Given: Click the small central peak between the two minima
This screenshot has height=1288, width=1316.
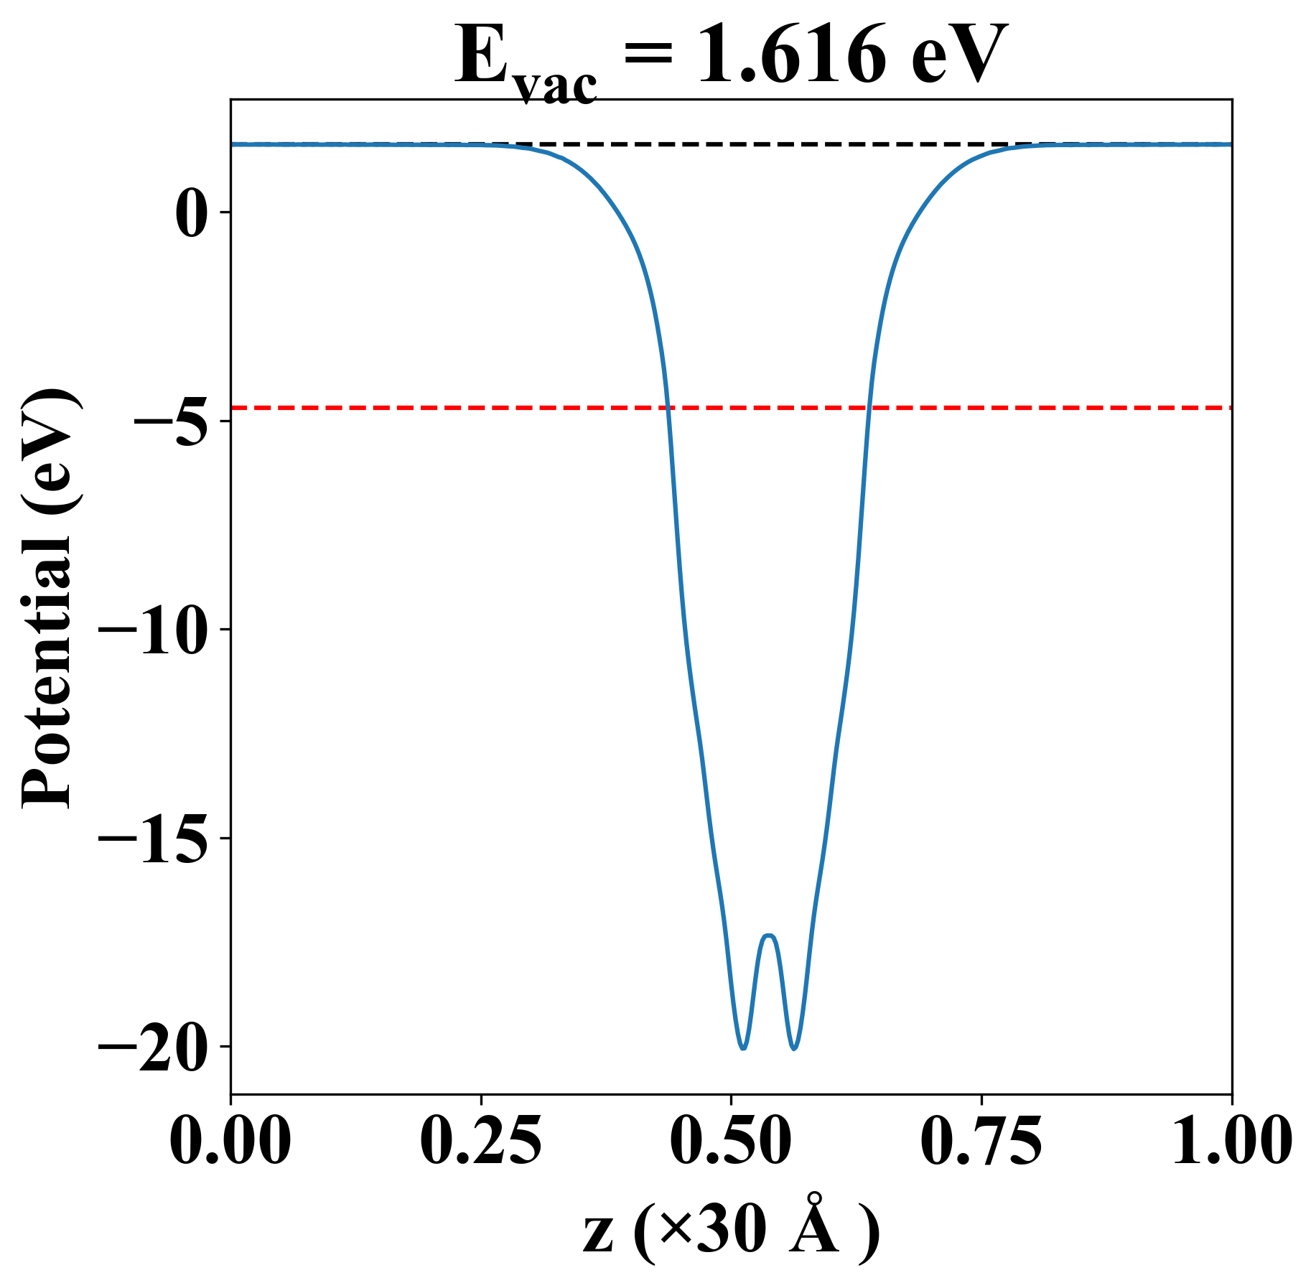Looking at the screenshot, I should click(x=769, y=935).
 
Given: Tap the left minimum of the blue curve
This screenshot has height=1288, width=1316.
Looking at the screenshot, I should click(x=743, y=1048).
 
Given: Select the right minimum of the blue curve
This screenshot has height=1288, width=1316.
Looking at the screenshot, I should click(x=794, y=1048).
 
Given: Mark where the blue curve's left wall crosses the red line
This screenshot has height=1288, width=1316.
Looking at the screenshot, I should click(x=668, y=408).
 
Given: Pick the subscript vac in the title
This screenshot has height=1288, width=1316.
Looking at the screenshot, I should click(x=556, y=86).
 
